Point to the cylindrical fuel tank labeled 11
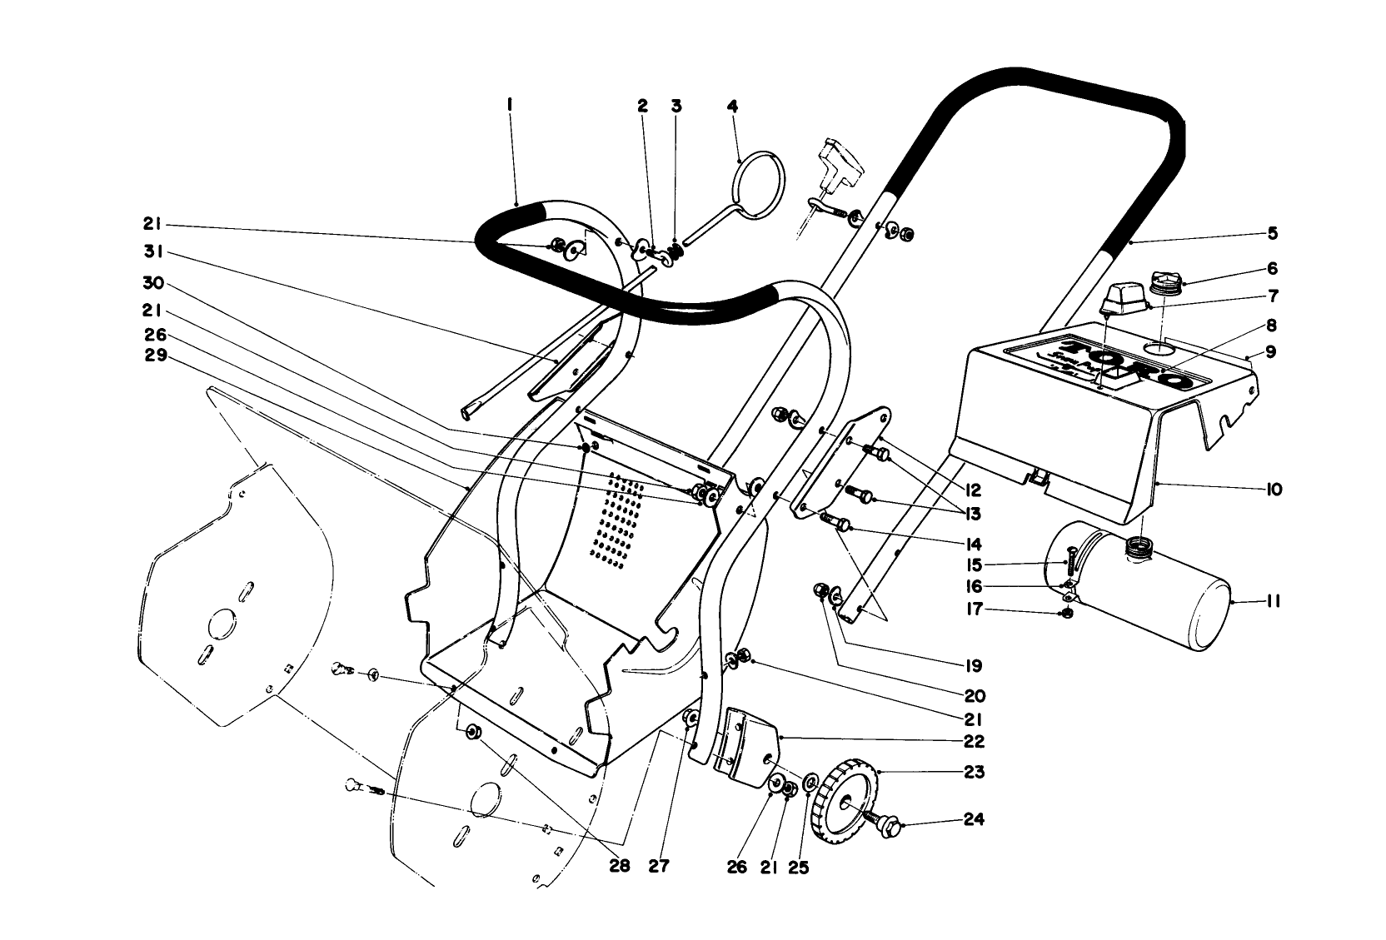coord(1149,590)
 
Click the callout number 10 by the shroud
coord(1274,490)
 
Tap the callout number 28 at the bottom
coord(618,867)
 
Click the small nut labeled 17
coord(1069,614)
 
